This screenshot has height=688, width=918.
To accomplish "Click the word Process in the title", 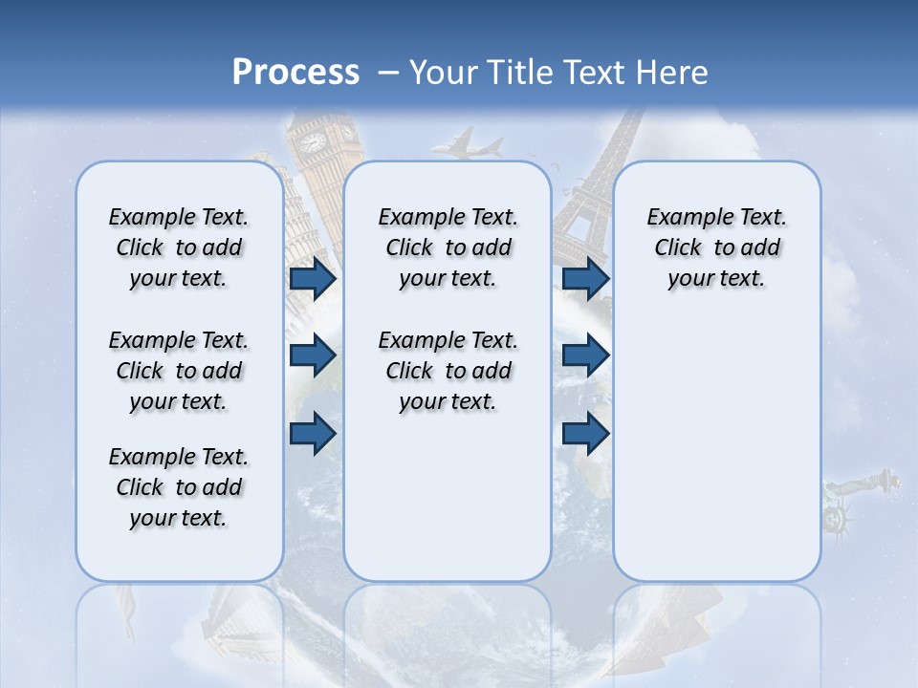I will pos(295,73).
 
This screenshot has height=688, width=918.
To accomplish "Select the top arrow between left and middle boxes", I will pos(313,279).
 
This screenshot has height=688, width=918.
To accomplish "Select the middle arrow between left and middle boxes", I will pos(313,355).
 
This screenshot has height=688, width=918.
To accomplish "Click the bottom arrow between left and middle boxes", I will pos(313,433).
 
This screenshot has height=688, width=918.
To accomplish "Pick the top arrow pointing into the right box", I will pos(586,279).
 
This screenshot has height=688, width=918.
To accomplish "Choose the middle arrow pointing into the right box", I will pos(586,355).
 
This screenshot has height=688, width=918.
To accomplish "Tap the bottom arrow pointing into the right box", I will pos(586,433).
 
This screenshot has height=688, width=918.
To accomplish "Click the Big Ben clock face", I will pos(313,141).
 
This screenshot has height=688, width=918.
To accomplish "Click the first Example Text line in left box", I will pos(179,217).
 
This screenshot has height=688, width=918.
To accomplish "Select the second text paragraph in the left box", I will pos(179,371).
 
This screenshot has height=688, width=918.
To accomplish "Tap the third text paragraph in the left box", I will pos(179,487).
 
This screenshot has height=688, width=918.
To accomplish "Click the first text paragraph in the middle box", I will pos(448,247).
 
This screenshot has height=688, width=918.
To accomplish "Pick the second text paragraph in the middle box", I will pos(448,371).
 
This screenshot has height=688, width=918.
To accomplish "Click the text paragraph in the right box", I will pos(716,247).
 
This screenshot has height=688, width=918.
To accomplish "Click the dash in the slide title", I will pos(388,73).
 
